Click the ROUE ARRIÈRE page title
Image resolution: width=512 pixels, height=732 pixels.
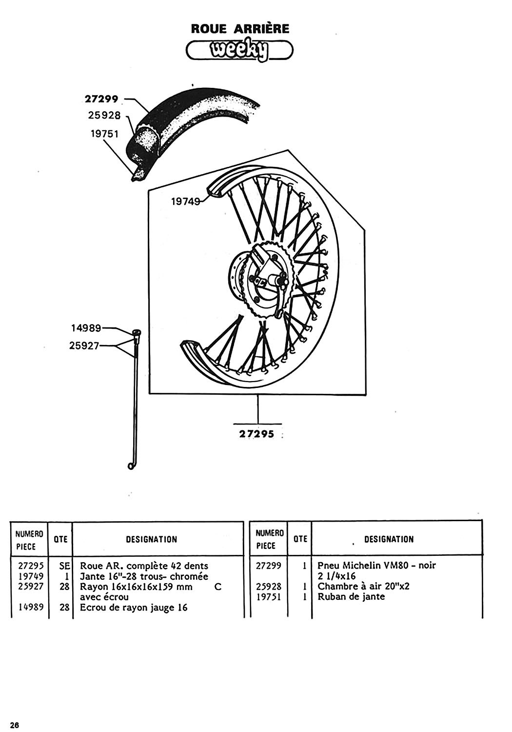tap(240, 28)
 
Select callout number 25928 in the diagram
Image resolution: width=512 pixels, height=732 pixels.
tap(104, 116)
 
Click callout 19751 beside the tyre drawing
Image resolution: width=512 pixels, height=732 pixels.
tap(104, 133)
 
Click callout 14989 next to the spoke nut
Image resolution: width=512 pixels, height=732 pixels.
tap(86, 328)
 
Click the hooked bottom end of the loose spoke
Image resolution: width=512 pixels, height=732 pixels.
tap(131, 467)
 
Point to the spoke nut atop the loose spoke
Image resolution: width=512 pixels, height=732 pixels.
tap(136, 333)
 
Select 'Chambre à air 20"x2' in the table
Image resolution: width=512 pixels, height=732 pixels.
tap(363, 586)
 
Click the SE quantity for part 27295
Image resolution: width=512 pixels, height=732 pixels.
tap(65, 566)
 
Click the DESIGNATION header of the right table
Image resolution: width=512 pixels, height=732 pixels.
tap(389, 539)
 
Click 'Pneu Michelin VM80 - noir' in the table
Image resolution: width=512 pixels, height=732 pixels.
tap(376, 566)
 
